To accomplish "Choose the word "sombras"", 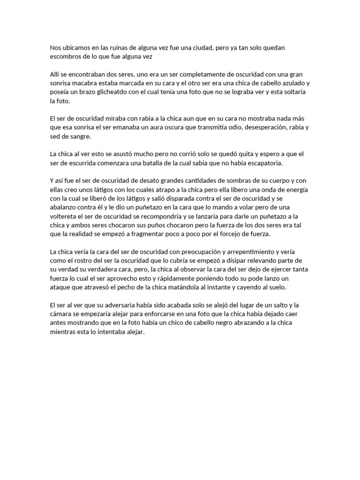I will pyautogui.click(x=240, y=181).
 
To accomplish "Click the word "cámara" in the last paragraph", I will pyautogui.click(x=62, y=314).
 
